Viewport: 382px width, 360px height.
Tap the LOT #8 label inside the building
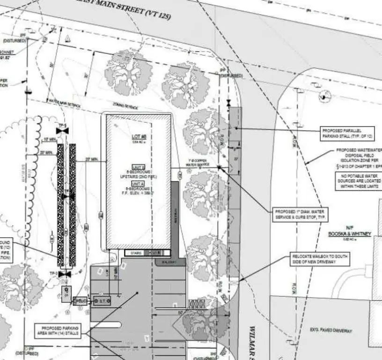(139, 136)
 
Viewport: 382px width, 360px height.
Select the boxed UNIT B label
(139, 167)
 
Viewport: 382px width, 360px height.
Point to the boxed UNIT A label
(139, 185)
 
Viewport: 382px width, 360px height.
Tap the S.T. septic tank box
(102, 300)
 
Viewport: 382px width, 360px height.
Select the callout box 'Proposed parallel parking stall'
(347, 133)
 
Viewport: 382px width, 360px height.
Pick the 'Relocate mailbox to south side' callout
(320, 259)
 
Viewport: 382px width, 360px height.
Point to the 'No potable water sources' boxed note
(358, 180)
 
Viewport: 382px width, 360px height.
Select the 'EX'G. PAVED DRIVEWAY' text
(331, 331)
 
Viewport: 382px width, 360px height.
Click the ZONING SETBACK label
(125, 106)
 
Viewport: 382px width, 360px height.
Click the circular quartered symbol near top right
(325, 97)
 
